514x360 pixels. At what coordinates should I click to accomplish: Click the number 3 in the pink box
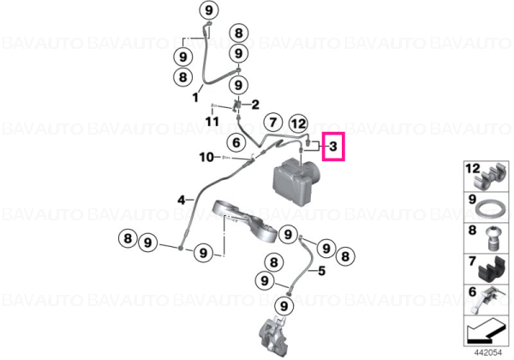coord(333,147)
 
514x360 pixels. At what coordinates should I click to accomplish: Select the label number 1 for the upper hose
coord(195,98)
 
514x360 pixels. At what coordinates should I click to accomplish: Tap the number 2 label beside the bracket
coord(255,105)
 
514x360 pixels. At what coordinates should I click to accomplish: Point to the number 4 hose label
coord(182,200)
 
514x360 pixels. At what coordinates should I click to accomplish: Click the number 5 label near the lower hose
coord(322,271)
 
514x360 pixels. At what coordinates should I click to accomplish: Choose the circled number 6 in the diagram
coord(236,142)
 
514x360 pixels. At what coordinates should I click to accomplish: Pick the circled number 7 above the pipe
coord(273,123)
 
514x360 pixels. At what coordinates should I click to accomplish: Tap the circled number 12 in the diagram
coord(298,124)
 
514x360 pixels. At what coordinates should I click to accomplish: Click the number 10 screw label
coord(206,158)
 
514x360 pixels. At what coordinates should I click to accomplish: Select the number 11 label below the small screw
coord(212,122)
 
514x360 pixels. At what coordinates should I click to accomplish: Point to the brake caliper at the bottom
coord(274,337)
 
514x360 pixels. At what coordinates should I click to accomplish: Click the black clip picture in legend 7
coord(491,271)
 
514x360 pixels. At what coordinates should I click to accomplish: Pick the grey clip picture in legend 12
coord(491,177)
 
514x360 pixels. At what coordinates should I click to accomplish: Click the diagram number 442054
coord(488,352)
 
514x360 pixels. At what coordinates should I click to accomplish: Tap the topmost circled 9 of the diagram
coord(209,10)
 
